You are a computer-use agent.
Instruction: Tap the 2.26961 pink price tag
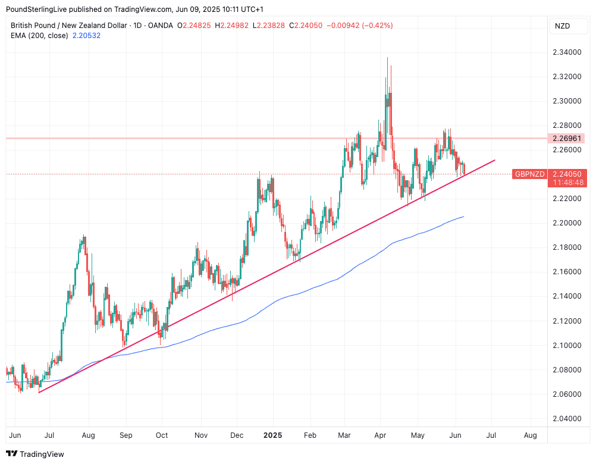(x=568, y=138)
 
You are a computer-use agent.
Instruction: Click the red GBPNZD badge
(x=529, y=174)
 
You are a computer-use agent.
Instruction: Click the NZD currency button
(x=562, y=26)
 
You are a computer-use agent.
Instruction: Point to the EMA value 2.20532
(x=86, y=36)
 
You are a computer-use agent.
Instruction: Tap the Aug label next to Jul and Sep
(x=88, y=435)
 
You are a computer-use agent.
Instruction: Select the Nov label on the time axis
(x=200, y=435)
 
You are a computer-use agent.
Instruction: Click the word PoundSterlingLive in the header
(x=42, y=10)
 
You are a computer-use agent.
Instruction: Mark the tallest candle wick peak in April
(x=388, y=58)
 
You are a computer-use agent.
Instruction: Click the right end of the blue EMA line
(x=463, y=217)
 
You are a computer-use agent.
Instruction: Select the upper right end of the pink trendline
(x=494, y=160)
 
